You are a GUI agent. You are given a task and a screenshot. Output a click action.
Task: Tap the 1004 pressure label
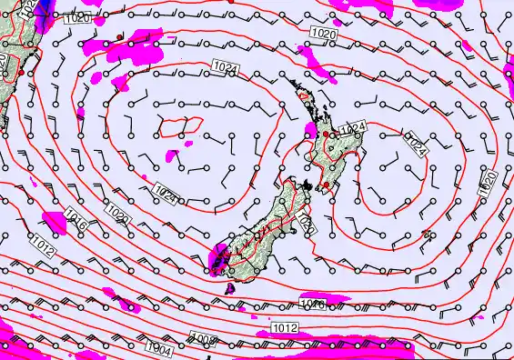click(158, 346)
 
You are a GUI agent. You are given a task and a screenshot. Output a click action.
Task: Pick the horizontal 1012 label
click(284, 327)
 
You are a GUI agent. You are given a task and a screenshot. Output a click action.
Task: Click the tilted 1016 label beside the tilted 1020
click(76, 218)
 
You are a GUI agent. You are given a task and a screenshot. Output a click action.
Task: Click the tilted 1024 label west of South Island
click(166, 193)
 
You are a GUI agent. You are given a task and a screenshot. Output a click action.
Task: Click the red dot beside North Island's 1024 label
click(325, 135)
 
